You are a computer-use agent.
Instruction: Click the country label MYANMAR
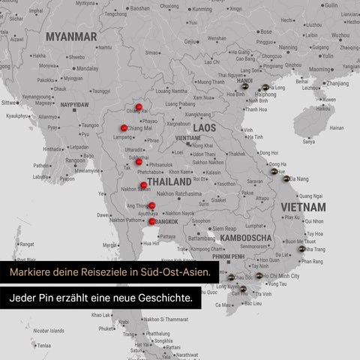point(71,36)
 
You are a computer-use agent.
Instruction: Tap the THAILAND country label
point(169,181)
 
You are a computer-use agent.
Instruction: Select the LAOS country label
point(204,128)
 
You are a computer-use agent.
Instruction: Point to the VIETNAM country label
point(303,206)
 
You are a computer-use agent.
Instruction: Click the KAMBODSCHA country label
point(246,238)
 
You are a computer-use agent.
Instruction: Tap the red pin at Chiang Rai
point(139,107)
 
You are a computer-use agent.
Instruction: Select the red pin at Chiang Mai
point(124,127)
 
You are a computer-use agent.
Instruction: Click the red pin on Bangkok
point(152,221)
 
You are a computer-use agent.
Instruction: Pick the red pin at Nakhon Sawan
point(143,184)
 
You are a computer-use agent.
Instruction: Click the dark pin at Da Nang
point(286,178)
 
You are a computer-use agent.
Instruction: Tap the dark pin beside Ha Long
point(265,87)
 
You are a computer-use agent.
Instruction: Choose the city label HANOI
point(244,81)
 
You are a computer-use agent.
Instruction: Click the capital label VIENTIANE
point(187,138)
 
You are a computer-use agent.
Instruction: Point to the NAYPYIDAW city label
point(74,104)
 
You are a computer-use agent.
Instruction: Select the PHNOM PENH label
point(229,256)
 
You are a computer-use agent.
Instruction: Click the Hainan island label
point(337,127)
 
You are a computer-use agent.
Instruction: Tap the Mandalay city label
point(87,67)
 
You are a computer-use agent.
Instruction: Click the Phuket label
point(106,328)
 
